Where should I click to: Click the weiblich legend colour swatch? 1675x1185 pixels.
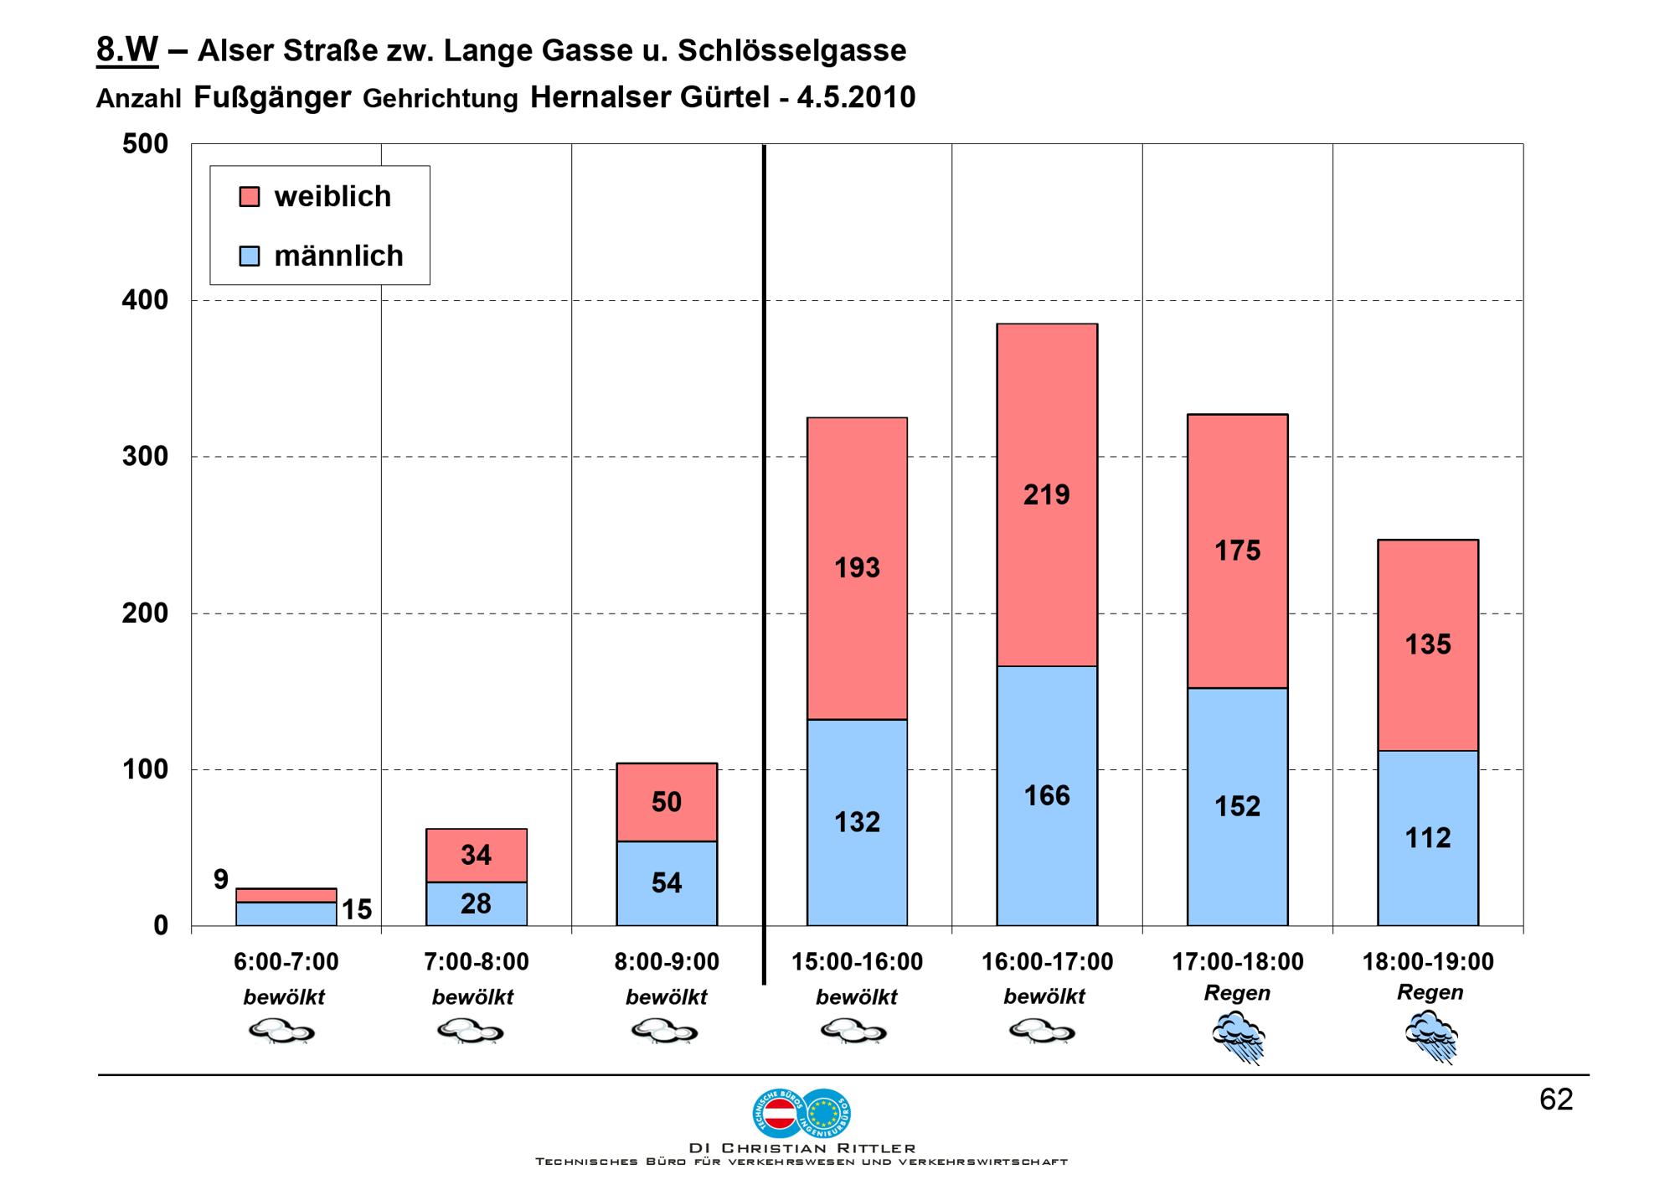click(x=250, y=197)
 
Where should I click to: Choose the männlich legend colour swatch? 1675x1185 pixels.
click(x=250, y=256)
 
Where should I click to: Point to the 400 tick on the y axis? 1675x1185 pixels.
click(x=145, y=300)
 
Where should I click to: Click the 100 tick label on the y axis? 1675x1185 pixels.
click(x=145, y=769)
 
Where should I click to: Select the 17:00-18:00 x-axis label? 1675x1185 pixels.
click(x=1237, y=962)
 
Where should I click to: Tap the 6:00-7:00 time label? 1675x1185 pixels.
click(x=286, y=962)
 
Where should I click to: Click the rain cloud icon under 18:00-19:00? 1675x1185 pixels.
click(x=1431, y=1036)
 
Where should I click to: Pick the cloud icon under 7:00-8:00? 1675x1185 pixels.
click(x=471, y=1031)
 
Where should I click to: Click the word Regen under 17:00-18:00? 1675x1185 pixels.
click(x=1237, y=993)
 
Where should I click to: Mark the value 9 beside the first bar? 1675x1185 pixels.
click(x=220, y=879)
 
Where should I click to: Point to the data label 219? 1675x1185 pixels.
click(x=1047, y=495)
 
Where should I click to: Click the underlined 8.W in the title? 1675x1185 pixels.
click(x=127, y=50)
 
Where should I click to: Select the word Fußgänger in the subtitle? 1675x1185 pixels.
click(x=272, y=97)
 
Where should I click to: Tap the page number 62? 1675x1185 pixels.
click(x=1555, y=1100)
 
